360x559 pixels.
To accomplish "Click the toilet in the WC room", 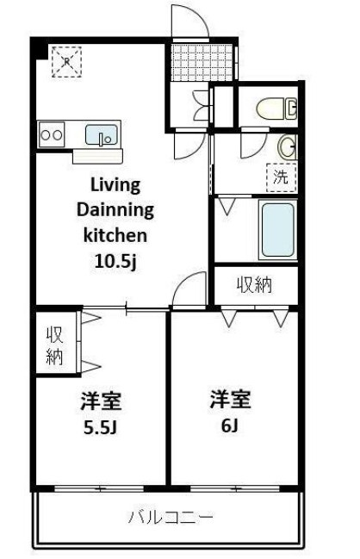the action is [276, 109].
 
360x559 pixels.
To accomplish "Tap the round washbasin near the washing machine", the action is [288, 146].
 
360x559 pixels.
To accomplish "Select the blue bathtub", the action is [278, 229].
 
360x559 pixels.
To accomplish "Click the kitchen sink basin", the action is [102, 135].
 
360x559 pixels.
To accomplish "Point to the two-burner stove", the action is [52, 134].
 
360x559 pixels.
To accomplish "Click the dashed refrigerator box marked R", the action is [66, 62].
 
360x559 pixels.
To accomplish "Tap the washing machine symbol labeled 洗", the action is [282, 177].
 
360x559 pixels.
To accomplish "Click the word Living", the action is [115, 186].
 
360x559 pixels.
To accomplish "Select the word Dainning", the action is [115, 210].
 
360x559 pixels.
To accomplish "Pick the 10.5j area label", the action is [115, 261].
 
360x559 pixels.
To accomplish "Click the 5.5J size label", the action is [101, 427].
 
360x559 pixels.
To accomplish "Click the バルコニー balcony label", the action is [171, 517].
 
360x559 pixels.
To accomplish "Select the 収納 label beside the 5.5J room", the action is [54, 345].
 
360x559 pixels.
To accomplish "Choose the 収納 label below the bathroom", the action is [254, 284].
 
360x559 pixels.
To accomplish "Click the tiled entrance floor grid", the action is [202, 62].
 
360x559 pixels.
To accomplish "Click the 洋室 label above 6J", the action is [230, 400].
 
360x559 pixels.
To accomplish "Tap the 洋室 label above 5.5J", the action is [102, 401].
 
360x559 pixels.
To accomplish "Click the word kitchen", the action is [115, 235].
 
